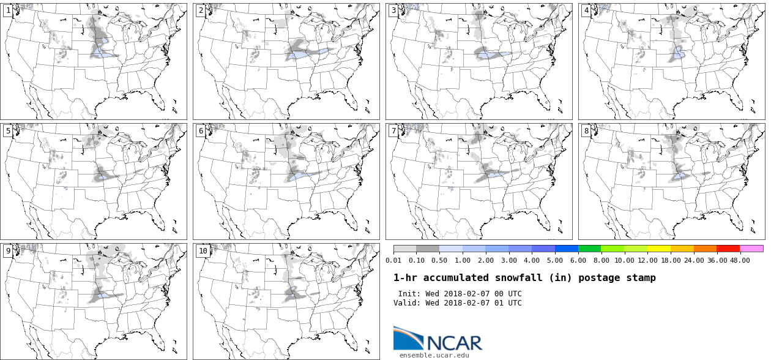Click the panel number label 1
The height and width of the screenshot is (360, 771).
(x=8, y=11)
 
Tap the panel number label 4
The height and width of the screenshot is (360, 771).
(x=586, y=11)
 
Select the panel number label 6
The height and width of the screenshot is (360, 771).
(x=201, y=131)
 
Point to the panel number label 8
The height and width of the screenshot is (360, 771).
(x=586, y=131)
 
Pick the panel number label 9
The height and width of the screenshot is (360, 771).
(x=8, y=251)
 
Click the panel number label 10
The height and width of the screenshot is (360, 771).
(x=203, y=251)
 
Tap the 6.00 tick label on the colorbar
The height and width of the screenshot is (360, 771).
(x=578, y=260)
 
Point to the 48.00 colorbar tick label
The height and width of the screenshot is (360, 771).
(x=740, y=260)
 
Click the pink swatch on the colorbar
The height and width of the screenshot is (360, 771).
(x=751, y=249)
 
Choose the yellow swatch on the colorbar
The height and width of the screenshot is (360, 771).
(x=659, y=249)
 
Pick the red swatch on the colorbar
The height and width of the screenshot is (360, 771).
(x=728, y=249)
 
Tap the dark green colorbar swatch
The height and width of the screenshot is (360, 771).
(x=589, y=249)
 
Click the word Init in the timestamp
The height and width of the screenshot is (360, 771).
(x=409, y=294)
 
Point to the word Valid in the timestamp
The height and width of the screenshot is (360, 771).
(x=406, y=303)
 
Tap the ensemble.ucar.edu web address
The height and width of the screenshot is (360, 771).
(x=434, y=355)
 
